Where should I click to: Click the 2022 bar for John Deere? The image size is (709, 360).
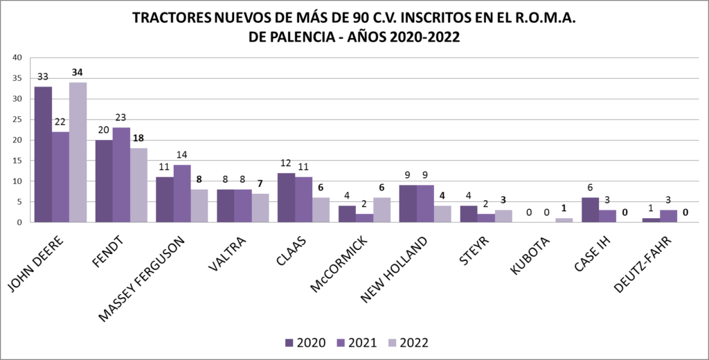tap(78, 152)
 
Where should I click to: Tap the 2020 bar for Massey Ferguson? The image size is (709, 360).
tap(165, 200)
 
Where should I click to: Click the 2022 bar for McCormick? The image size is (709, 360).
tap(382, 210)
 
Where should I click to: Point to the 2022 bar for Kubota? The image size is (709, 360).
tap(564, 220)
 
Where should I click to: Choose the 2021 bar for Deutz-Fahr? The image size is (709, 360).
tap(669, 216)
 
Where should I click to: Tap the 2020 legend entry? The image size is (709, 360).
tap(305, 342)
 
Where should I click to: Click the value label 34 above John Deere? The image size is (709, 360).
tap(78, 73)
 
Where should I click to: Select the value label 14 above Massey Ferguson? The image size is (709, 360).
tap(182, 155)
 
